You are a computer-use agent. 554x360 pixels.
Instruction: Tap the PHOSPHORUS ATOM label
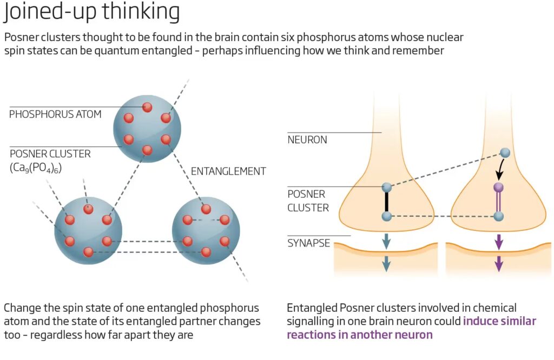tap(55, 114)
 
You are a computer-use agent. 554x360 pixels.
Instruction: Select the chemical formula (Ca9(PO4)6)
tap(36, 168)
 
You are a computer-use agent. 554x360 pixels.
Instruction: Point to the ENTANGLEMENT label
tap(228, 171)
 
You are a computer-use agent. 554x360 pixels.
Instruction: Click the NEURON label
tap(307, 139)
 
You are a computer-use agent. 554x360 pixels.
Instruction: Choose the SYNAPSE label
tap(308, 243)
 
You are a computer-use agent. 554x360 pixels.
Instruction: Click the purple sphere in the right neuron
tap(499, 187)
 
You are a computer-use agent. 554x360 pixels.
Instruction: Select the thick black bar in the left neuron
tap(386, 202)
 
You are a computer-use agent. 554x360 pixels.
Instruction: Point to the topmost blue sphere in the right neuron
tap(505, 153)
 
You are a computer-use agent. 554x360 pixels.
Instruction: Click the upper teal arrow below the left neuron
tap(386, 241)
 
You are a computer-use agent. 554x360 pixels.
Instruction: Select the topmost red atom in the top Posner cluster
tap(147, 107)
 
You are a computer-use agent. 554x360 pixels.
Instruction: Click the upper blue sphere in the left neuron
tap(386, 187)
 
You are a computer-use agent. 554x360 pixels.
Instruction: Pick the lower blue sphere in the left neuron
tap(386, 216)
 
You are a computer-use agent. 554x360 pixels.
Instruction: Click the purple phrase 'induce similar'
tap(500, 321)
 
